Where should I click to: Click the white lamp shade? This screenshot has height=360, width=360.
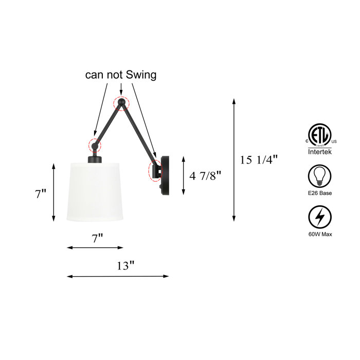coord(97,191)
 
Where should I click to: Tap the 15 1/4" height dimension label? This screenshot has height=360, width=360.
coord(259,160)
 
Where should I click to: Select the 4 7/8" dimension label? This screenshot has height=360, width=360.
coord(205,176)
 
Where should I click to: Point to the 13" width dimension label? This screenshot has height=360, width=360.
coord(125,265)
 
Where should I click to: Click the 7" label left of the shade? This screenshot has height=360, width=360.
coord(41,194)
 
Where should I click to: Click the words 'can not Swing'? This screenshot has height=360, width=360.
coord(121,75)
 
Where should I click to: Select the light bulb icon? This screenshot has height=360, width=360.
coord(319,176)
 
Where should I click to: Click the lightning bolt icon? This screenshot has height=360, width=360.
coord(319,218)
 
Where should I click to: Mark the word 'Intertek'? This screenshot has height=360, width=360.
coord(319,152)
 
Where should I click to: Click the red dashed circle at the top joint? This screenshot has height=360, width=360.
coord(121,102)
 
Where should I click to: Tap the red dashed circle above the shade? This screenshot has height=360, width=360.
coord(94,146)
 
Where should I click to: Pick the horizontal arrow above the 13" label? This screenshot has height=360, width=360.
coord(118,276)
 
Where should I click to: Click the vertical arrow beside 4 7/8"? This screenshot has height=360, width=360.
coord(184,176)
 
